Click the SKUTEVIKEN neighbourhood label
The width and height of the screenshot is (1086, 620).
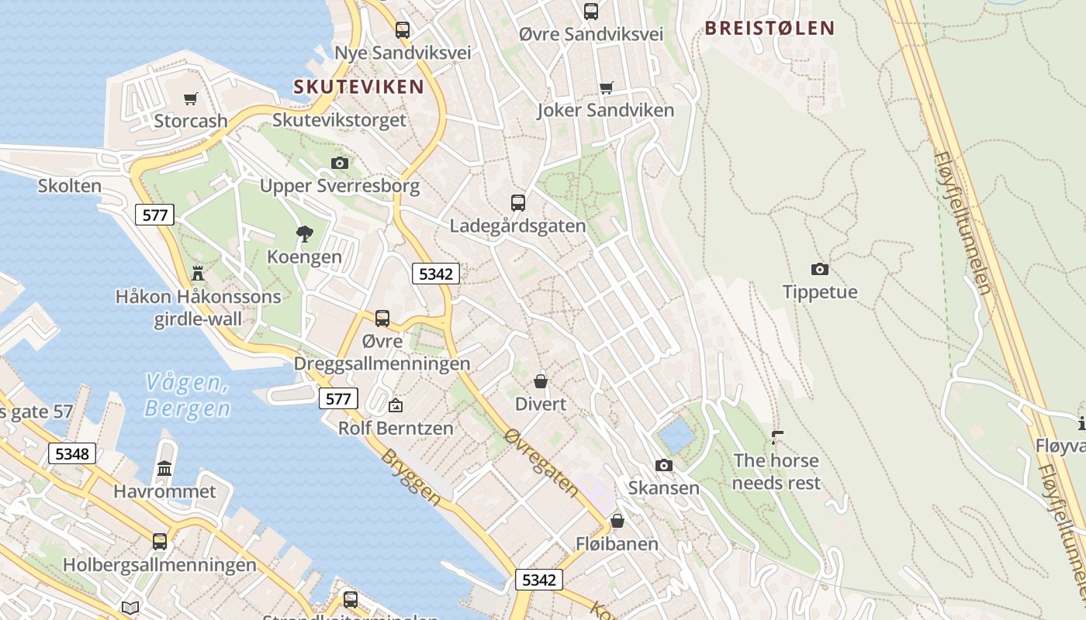click(358, 87)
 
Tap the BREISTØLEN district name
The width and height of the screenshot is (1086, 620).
click(770, 29)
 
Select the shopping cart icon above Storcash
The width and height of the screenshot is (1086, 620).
click(190, 98)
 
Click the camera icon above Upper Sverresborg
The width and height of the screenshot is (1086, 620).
click(339, 163)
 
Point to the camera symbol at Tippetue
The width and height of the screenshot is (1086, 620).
click(819, 269)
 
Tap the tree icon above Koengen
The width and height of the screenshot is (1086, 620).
click(305, 233)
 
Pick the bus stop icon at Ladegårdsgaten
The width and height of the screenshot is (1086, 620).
click(517, 203)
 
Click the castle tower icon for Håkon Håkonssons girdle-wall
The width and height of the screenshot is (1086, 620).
click(198, 273)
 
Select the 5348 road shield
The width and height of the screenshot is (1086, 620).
click(72, 453)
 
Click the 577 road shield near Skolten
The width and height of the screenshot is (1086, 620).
click(154, 215)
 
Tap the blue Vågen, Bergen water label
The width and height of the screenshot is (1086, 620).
click(188, 395)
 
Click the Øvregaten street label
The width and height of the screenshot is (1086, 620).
click(541, 463)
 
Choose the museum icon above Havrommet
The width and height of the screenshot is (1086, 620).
click(164, 468)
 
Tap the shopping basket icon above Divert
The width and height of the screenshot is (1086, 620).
click(541, 381)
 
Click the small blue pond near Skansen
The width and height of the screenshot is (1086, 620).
click(676, 436)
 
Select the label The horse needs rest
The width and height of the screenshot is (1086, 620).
click(776, 471)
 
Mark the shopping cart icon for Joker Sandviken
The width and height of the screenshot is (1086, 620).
click(606, 88)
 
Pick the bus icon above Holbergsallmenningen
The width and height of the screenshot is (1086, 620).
click(160, 541)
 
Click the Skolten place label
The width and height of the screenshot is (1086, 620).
click(70, 186)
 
